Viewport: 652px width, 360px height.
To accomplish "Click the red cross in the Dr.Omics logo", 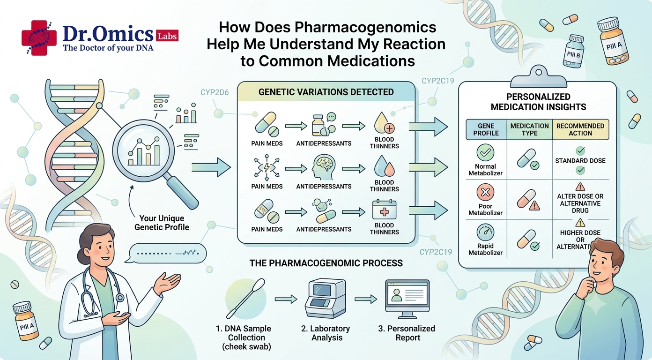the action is (x=39, y=37).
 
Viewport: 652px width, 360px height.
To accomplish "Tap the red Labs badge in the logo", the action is (x=167, y=36).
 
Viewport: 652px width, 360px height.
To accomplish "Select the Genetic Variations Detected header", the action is (x=326, y=92).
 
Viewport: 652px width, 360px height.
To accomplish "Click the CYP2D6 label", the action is (x=215, y=93).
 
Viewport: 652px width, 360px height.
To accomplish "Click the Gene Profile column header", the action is (x=486, y=129).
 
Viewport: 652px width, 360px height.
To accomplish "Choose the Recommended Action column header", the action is (x=580, y=129).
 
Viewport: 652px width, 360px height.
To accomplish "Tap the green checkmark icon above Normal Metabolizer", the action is (x=485, y=152).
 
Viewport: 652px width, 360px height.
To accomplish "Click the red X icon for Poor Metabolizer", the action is (x=485, y=192).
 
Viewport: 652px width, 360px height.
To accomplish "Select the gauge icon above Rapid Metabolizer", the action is (x=485, y=232).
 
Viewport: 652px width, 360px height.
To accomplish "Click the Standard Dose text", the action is (x=580, y=161).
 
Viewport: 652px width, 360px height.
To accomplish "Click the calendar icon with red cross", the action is (x=384, y=210).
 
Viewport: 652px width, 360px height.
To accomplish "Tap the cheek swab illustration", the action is (x=246, y=299).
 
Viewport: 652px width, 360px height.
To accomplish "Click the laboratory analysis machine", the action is (x=326, y=298).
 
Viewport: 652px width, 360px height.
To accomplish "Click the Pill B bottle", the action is (x=573, y=52).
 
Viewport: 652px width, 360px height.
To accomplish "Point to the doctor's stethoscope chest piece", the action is (x=119, y=298).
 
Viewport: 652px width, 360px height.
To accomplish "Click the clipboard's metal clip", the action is (x=539, y=77).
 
